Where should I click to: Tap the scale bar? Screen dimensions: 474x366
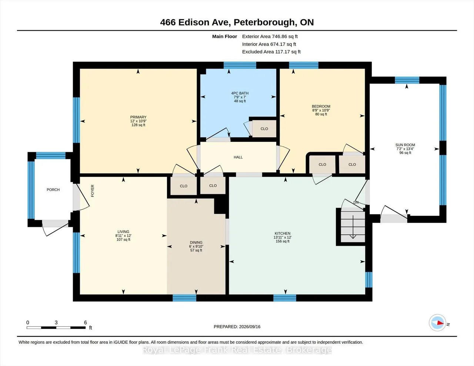click(56, 328)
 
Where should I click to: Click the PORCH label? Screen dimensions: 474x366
click(53, 189)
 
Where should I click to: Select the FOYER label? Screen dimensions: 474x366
click(93, 191)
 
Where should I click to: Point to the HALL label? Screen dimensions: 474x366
click(238, 157)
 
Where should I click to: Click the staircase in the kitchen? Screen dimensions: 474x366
click(353, 227)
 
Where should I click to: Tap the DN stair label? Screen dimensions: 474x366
click(356, 202)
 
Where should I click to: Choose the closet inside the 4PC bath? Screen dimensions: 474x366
click(264, 129)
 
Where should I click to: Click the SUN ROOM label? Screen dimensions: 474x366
click(405, 145)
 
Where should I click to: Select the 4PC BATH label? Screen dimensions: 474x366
click(240, 93)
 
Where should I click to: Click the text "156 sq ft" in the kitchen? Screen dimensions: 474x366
click(283, 241)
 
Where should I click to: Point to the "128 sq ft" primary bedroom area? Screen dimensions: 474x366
click(138, 125)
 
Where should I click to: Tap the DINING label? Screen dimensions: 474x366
click(196, 242)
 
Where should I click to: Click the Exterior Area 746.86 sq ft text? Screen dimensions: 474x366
click(270, 36)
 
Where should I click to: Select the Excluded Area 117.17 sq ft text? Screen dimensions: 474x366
click(271, 52)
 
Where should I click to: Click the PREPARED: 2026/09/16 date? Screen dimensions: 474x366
click(237, 326)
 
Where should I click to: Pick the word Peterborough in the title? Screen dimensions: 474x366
click(264, 22)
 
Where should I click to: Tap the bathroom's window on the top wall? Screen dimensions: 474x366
click(240, 65)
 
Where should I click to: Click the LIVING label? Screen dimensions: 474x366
click(123, 232)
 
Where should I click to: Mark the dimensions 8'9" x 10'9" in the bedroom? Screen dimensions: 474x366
click(321, 110)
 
